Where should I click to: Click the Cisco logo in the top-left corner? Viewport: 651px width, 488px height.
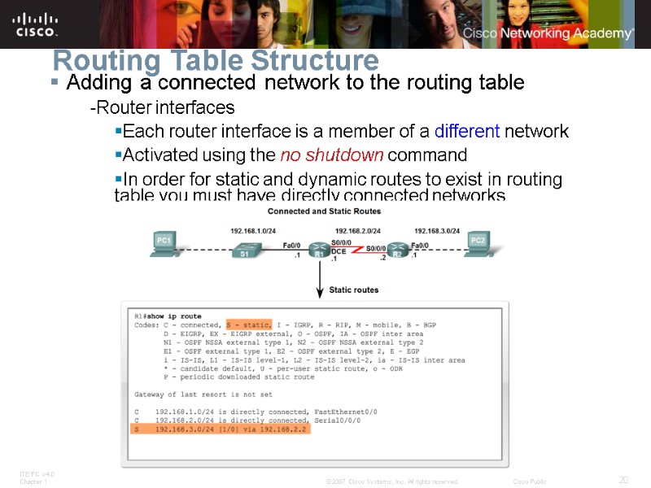tap(36, 24)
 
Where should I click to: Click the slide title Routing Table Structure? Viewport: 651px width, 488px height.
tap(216, 60)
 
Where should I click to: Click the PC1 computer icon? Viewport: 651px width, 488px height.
tap(164, 243)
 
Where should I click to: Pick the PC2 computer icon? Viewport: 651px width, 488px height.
tap(478, 243)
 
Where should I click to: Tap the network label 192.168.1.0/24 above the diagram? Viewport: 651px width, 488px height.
tap(257, 230)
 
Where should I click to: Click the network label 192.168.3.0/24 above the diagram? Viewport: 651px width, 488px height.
tap(437, 230)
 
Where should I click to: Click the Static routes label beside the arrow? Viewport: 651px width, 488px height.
tap(353, 290)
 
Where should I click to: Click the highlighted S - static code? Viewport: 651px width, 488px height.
tap(249, 325)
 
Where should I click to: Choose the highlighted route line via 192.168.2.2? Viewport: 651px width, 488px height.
tap(221, 429)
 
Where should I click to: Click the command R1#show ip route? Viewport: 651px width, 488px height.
tap(168, 316)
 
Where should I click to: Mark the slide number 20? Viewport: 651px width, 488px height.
tap(623, 480)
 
